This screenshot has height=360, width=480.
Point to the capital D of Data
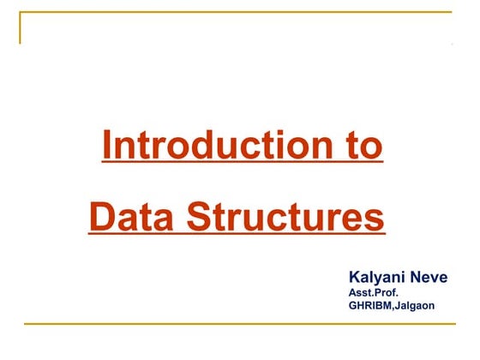tap(100, 216)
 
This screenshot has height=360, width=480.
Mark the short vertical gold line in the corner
tap(21, 27)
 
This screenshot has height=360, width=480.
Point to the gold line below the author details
tap(240, 324)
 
